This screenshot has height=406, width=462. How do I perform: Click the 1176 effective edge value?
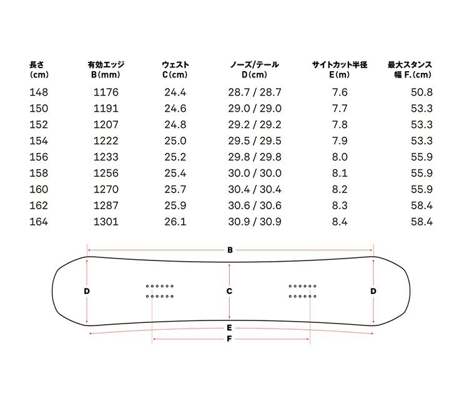tap(106, 92)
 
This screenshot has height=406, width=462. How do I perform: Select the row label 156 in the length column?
tap(39, 157)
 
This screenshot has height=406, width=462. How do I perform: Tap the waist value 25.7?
tap(175, 189)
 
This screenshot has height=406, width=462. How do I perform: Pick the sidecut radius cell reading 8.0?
tap(340, 157)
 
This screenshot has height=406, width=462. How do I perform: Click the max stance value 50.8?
tap(421, 92)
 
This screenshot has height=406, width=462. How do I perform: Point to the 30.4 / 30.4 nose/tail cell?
tap(255, 189)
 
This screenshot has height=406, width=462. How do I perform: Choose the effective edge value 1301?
tap(106, 222)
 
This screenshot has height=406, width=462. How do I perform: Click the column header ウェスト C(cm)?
tap(175, 69)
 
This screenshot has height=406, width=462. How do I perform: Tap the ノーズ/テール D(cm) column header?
tap(255, 69)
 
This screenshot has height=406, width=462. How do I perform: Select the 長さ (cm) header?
tap(39, 69)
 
